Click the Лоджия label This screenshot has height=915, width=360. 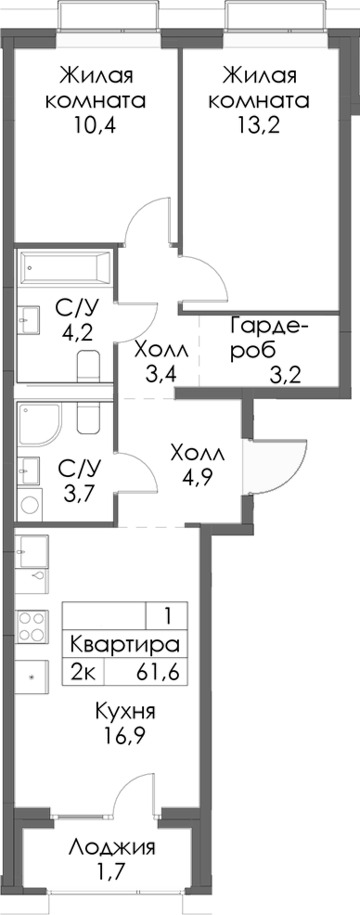pyautogui.click(x=111, y=848)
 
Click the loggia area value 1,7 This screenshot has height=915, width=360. pyautogui.click(x=111, y=874)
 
